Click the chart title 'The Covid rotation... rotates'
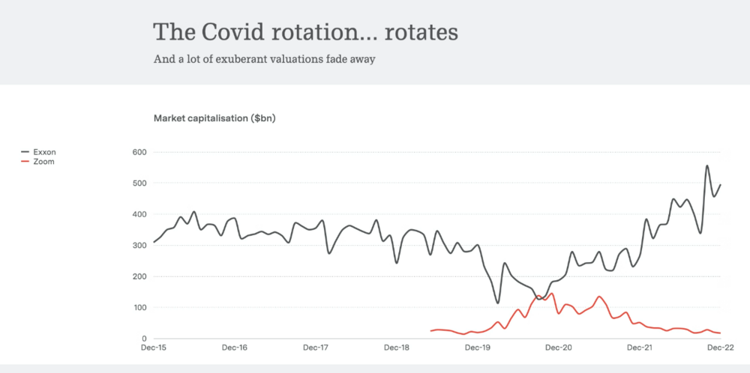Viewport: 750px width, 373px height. pyautogui.click(x=305, y=33)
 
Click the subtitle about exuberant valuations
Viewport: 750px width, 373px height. pyautogui.click(x=263, y=59)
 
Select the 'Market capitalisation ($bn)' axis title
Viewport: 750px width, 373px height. pyautogui.click(x=214, y=118)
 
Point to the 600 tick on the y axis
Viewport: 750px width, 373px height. pyautogui.click(x=138, y=152)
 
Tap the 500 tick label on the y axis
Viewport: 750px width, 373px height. pyautogui.click(x=138, y=184)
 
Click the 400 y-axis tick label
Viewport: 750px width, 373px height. pyautogui.click(x=138, y=214)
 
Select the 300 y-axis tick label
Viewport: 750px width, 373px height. pyautogui.click(x=138, y=246)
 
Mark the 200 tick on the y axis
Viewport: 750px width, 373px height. pyautogui.click(x=138, y=276)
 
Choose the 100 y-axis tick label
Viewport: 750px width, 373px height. pyautogui.click(x=138, y=308)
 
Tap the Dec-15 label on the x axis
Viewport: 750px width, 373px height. pyautogui.click(x=154, y=348)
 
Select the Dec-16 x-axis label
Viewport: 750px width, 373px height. pyautogui.click(x=235, y=348)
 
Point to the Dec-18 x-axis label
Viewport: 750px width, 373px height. pyautogui.click(x=397, y=348)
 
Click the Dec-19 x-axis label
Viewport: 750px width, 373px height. pyautogui.click(x=478, y=348)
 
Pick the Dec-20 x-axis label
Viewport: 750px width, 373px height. pyautogui.click(x=559, y=348)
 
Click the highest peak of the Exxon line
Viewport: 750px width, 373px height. pyautogui.click(x=707, y=166)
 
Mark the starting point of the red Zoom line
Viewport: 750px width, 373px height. pyautogui.click(x=430, y=330)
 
